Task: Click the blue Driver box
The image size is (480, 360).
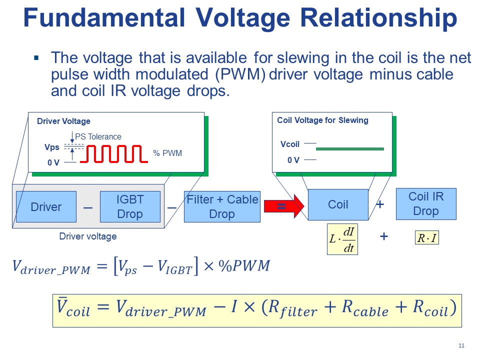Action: click(46, 206)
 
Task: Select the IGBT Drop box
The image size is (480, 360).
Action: click(130, 206)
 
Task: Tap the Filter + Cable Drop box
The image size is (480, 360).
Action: click(222, 206)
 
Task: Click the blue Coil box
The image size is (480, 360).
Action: click(338, 204)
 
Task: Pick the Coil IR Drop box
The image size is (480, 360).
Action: click(426, 203)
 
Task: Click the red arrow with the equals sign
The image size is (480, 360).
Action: click(284, 205)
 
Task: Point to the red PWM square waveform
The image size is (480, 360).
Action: click(115, 154)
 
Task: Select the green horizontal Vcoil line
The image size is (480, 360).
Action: click(350, 148)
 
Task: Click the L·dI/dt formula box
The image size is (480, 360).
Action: click(342, 239)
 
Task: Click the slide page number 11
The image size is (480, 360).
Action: click(461, 346)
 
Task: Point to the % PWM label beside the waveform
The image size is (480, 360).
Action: click(167, 153)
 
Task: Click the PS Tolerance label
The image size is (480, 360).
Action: click(98, 136)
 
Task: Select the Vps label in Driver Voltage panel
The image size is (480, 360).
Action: click(51, 148)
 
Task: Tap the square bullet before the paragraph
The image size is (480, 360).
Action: click(36, 58)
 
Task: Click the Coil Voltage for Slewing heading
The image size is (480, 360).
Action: click(322, 120)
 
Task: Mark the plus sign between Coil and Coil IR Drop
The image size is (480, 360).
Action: click(380, 204)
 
